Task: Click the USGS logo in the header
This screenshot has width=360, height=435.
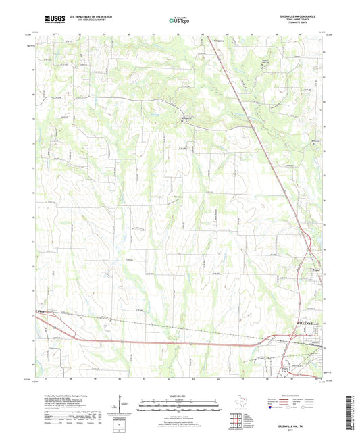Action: coord(51,20)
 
